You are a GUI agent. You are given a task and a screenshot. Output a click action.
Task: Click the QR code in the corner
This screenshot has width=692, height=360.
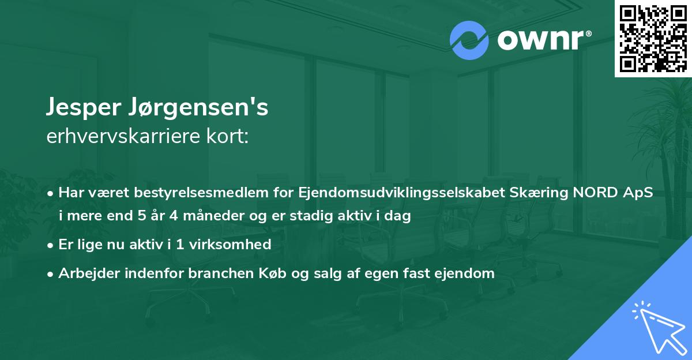click(x=653, y=38)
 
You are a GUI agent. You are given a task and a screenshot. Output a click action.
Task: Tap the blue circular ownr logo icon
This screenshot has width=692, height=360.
click(x=469, y=40)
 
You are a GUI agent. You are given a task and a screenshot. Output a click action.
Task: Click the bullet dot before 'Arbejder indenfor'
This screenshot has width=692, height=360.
click(x=51, y=274)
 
